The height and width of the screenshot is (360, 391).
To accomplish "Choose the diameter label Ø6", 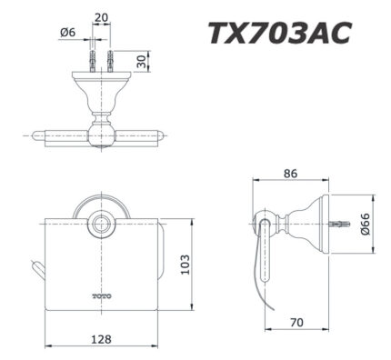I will tap(65, 33).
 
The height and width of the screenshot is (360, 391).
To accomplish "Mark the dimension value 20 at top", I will tap(100, 17).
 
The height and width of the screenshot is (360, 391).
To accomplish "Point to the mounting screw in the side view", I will tap(344, 223).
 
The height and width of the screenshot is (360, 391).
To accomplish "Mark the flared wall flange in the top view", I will tap(101, 86).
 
